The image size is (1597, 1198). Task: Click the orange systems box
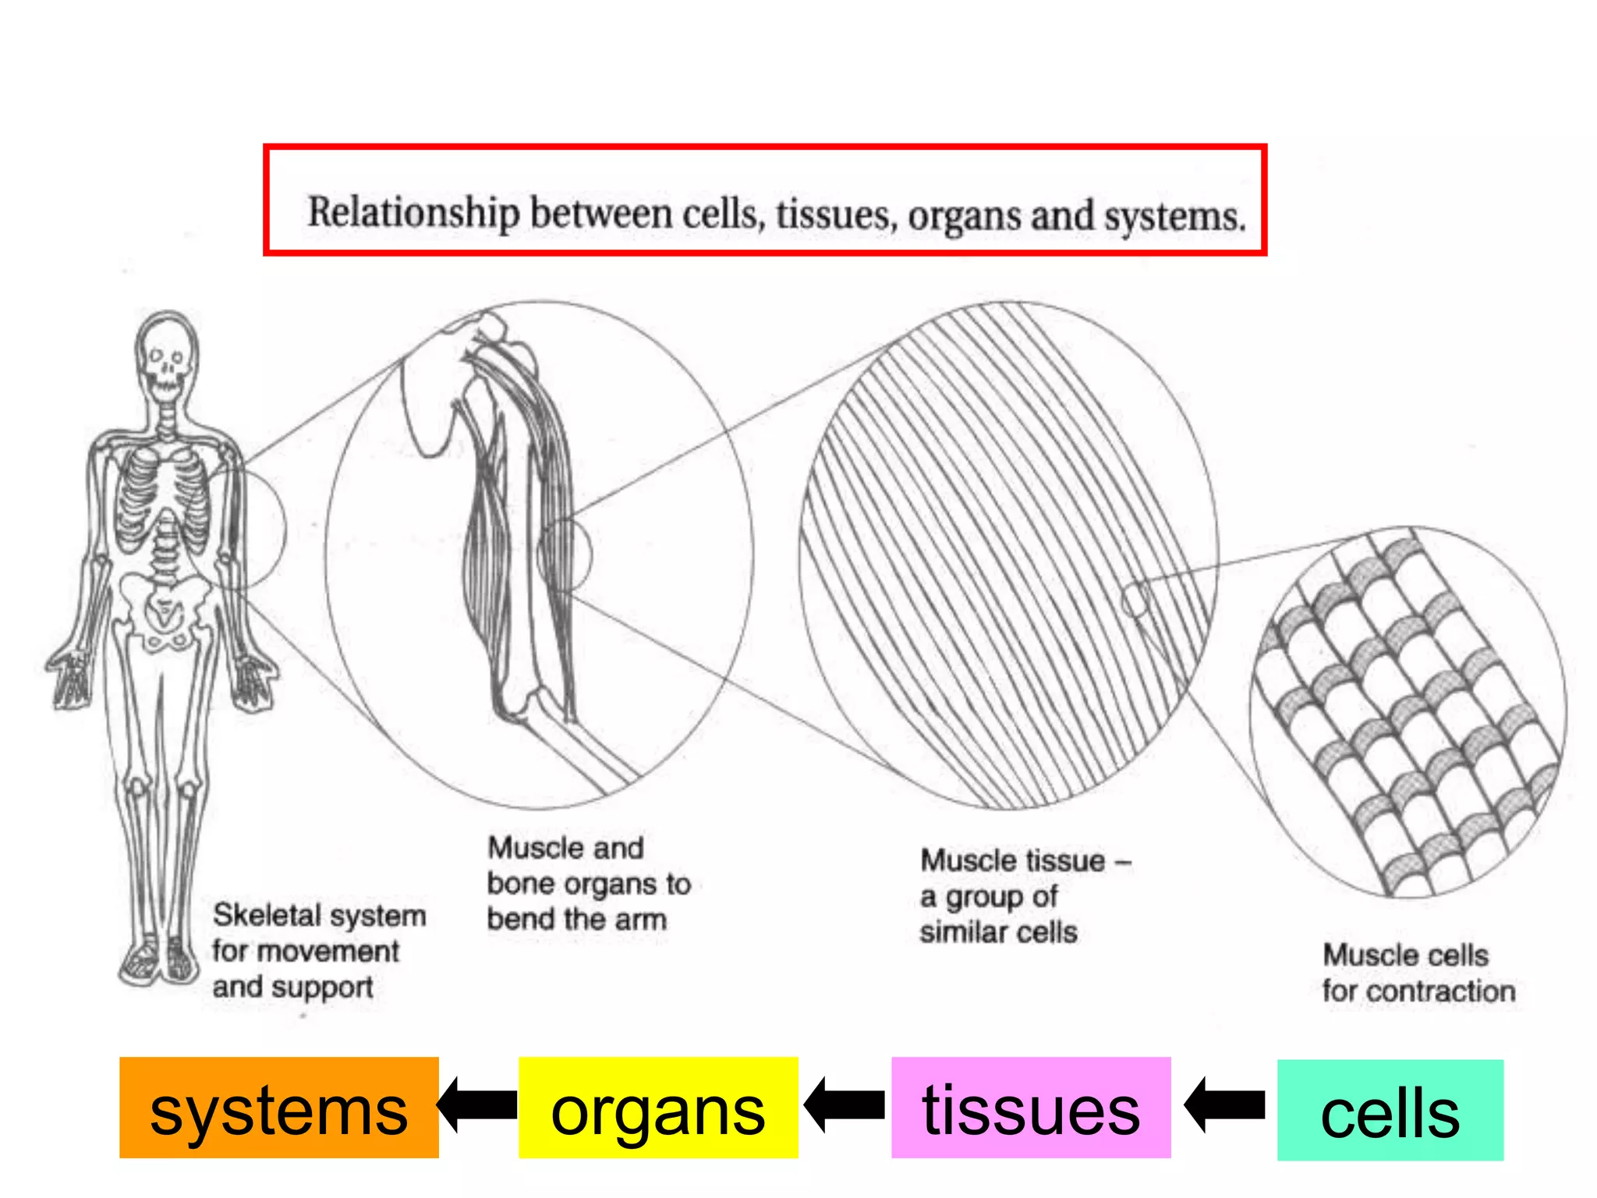click(278, 1108)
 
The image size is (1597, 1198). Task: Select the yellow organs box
click(657, 1108)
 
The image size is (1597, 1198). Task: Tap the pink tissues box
click(1030, 1108)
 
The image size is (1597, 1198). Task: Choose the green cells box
click(1390, 1110)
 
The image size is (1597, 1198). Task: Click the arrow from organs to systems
click(478, 1104)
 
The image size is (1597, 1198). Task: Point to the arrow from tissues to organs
click(845, 1104)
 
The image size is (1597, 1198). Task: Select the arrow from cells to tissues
click(1224, 1104)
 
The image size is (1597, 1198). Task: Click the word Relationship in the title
click(413, 212)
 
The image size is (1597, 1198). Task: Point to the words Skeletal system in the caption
click(319, 915)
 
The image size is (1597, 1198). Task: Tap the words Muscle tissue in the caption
click(1013, 860)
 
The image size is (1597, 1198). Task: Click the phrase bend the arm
click(576, 919)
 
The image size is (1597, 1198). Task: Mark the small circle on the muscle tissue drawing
click(1135, 600)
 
